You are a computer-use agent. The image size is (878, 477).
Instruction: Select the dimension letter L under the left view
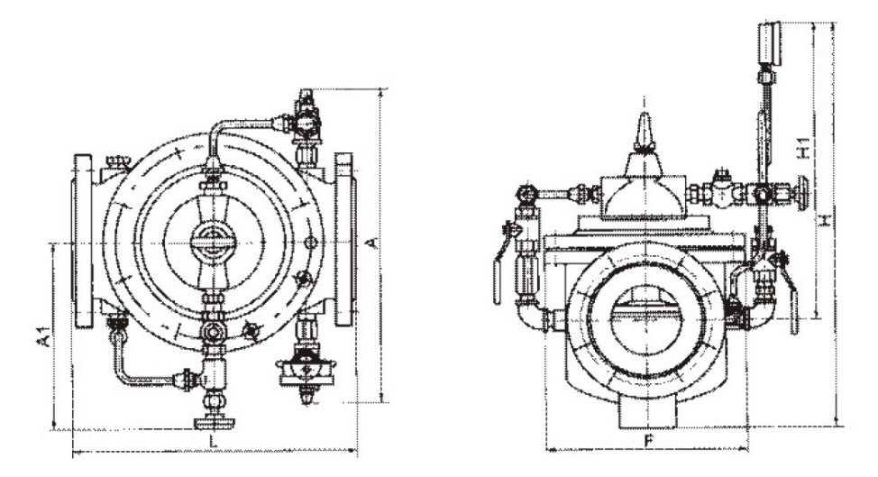coord(213,441)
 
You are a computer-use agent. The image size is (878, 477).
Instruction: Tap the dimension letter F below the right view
coord(649,440)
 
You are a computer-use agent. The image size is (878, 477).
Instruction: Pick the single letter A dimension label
coord(370,242)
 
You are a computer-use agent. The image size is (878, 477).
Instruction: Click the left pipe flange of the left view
coord(82,241)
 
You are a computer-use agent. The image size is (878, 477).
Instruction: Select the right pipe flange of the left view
coord(344,240)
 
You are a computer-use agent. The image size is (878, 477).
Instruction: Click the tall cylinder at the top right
coord(769,43)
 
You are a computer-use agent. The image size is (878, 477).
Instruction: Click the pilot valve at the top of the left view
coord(306,115)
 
